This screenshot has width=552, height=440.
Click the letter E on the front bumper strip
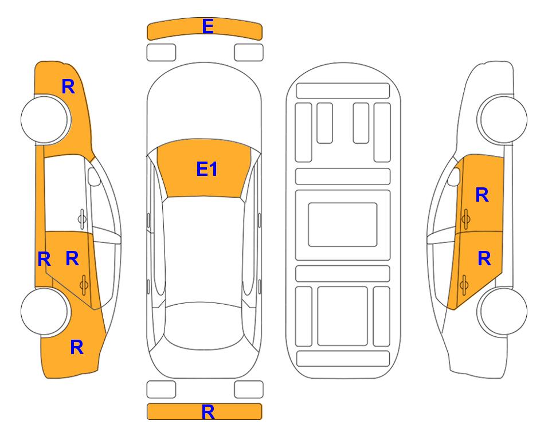tap(208, 26)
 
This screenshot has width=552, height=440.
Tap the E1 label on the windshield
tap(207, 169)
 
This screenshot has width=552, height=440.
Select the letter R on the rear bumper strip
tap(208, 412)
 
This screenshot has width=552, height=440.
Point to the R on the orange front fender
tap(68, 87)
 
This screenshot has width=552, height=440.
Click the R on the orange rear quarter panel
tap(77, 347)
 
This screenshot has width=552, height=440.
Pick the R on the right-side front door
tap(482, 195)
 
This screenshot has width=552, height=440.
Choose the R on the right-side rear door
tap(484, 259)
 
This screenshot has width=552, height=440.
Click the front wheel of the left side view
tap(45, 119)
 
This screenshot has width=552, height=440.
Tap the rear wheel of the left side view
tap(45, 311)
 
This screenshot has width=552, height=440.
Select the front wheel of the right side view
tap(502, 119)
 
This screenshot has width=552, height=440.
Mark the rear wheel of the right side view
tap(502, 312)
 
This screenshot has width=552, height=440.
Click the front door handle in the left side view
tap(82, 219)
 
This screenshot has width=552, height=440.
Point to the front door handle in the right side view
tap(466, 219)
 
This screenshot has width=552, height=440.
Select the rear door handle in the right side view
tap(464, 284)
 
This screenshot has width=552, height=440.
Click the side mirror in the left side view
tap(94, 176)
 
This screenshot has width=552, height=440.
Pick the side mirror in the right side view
tap(454, 176)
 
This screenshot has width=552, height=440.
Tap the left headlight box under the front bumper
tap(161, 53)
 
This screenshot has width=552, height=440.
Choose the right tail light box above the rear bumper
tap(249, 390)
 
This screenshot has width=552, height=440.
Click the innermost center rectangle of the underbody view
tap(343, 225)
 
